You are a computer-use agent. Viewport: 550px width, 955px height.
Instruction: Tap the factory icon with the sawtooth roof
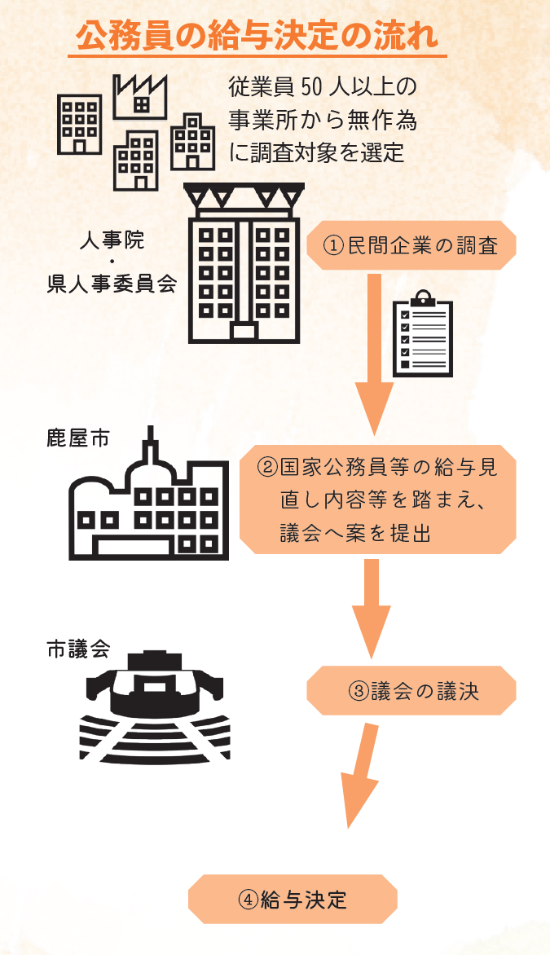coord(139,95)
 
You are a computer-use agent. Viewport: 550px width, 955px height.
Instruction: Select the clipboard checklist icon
coord(422,334)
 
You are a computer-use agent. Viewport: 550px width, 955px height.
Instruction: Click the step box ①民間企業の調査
coord(411,244)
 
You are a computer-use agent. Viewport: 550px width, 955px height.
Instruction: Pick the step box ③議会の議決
coord(412,691)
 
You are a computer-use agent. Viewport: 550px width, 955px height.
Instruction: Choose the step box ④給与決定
coord(293,899)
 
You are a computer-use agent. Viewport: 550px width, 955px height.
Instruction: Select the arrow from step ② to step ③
coord(372,607)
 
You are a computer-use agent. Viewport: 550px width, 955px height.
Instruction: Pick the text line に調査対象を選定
coord(318,152)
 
